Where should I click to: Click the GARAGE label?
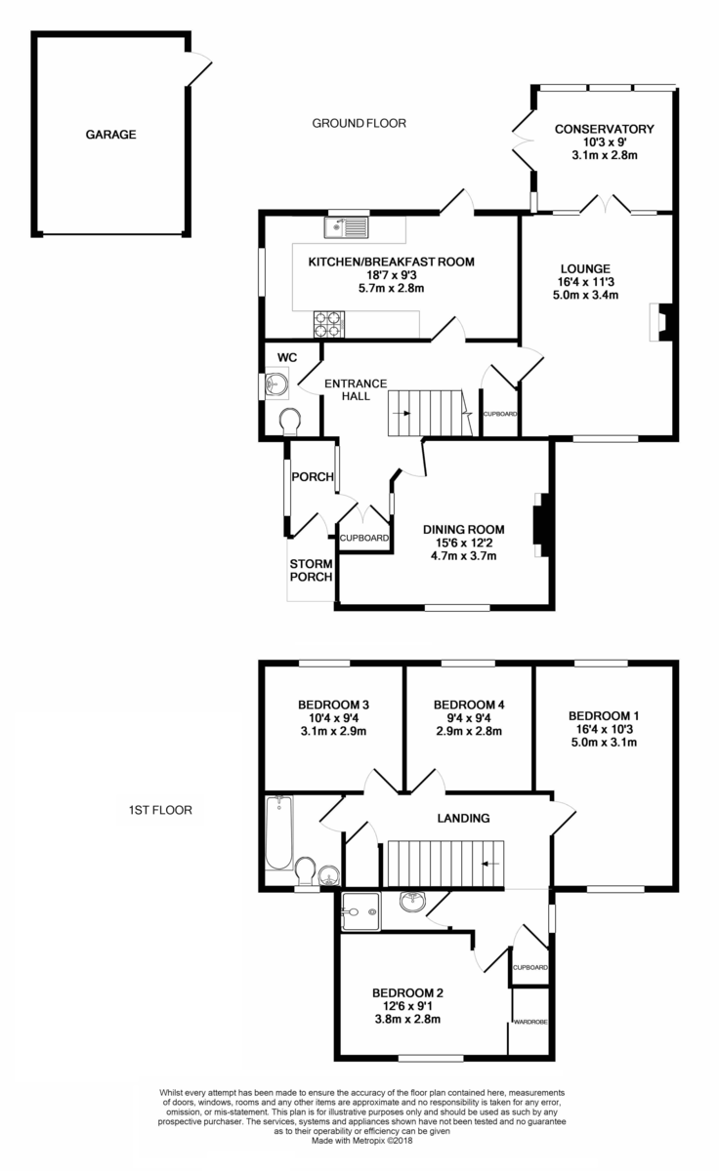pyautogui.click(x=111, y=135)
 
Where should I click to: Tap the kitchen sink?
pyautogui.click(x=347, y=228)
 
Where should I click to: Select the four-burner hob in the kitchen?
pyautogui.click(x=329, y=324)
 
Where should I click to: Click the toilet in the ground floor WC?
pyautogui.click(x=290, y=422)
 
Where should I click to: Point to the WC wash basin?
pyautogui.click(x=276, y=384)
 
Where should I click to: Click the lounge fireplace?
pyautogui.click(x=660, y=322)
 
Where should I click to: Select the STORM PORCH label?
pyautogui.click(x=312, y=570)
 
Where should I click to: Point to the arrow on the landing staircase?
pyautogui.click(x=490, y=864)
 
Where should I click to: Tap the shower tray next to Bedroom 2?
pyautogui.click(x=360, y=911)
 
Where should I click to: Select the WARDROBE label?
pyautogui.click(x=530, y=1021)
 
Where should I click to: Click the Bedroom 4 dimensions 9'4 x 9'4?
pyautogui.click(x=469, y=718)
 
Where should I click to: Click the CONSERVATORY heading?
pyautogui.click(x=605, y=129)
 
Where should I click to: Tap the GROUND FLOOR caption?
pyautogui.click(x=359, y=123)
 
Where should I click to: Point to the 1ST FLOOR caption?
pyautogui.click(x=160, y=810)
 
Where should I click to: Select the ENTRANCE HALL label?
pyautogui.click(x=356, y=390)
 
